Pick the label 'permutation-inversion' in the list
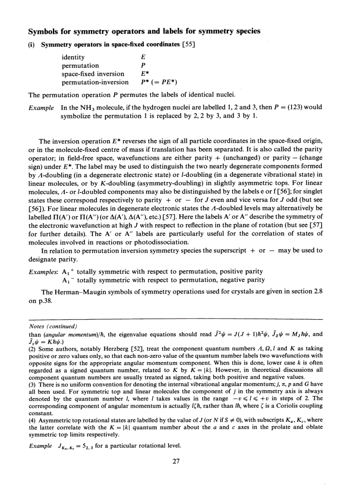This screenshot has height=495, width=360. click(x=95, y=82)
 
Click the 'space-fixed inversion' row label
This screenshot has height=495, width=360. click(x=93, y=74)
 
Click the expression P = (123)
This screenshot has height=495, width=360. click(x=286, y=107)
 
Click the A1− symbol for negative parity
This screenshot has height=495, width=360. click(x=69, y=280)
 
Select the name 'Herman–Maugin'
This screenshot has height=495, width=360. click(x=82, y=292)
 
